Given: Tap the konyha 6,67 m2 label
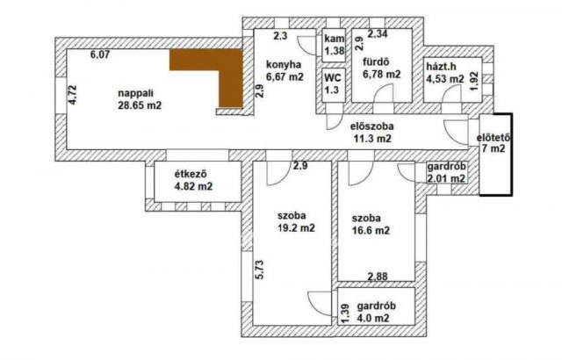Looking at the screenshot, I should (x=284, y=71).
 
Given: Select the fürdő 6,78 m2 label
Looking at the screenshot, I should (x=381, y=68).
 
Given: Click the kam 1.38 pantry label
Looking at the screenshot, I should (x=333, y=47).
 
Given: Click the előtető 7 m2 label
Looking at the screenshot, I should (x=493, y=141).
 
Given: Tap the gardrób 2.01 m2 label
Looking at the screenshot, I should (x=445, y=173).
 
